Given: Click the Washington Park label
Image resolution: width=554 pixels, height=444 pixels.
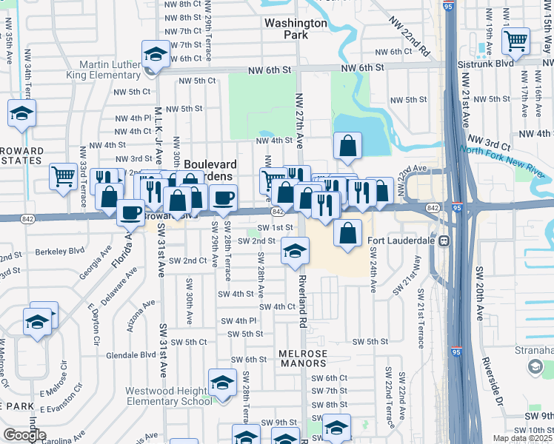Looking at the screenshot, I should click(x=296, y=28).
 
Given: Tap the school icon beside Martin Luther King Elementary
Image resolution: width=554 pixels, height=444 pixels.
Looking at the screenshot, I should click(x=156, y=55).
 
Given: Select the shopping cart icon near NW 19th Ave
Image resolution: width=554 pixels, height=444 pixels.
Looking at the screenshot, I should click(x=515, y=41).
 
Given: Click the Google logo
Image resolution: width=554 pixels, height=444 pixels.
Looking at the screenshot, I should click(x=24, y=434).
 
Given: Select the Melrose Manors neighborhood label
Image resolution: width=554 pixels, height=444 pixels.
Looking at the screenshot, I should click(x=303, y=360).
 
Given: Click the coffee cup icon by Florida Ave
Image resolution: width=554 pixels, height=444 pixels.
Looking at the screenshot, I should click(x=131, y=212).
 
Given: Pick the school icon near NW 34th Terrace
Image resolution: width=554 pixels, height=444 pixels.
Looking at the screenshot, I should click(x=21, y=114).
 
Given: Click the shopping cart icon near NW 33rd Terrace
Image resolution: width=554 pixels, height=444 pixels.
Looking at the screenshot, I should click(x=63, y=176).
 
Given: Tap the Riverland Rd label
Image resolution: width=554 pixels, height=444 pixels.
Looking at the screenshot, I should click(x=302, y=303).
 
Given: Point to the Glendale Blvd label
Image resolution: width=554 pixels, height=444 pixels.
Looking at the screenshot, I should click(x=131, y=354).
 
